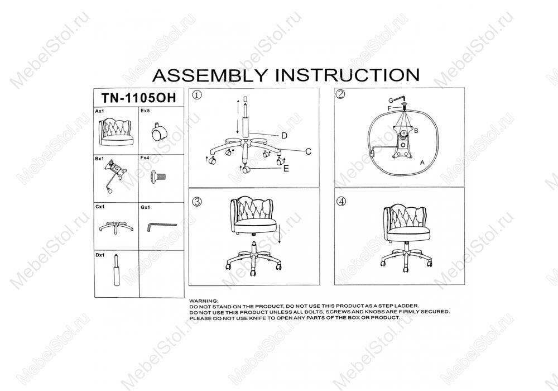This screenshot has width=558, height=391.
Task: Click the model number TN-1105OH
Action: (138, 97)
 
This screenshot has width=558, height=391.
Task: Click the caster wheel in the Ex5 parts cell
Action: (158, 132)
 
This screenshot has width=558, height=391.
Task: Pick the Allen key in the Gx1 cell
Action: (161, 226)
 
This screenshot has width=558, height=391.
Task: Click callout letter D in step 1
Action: (283, 136)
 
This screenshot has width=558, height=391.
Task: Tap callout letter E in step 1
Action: (286, 169)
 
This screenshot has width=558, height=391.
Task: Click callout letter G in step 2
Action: (391, 100)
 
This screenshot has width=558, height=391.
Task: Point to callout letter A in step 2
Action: (422, 162)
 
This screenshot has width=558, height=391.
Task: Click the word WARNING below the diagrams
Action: (204, 301)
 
